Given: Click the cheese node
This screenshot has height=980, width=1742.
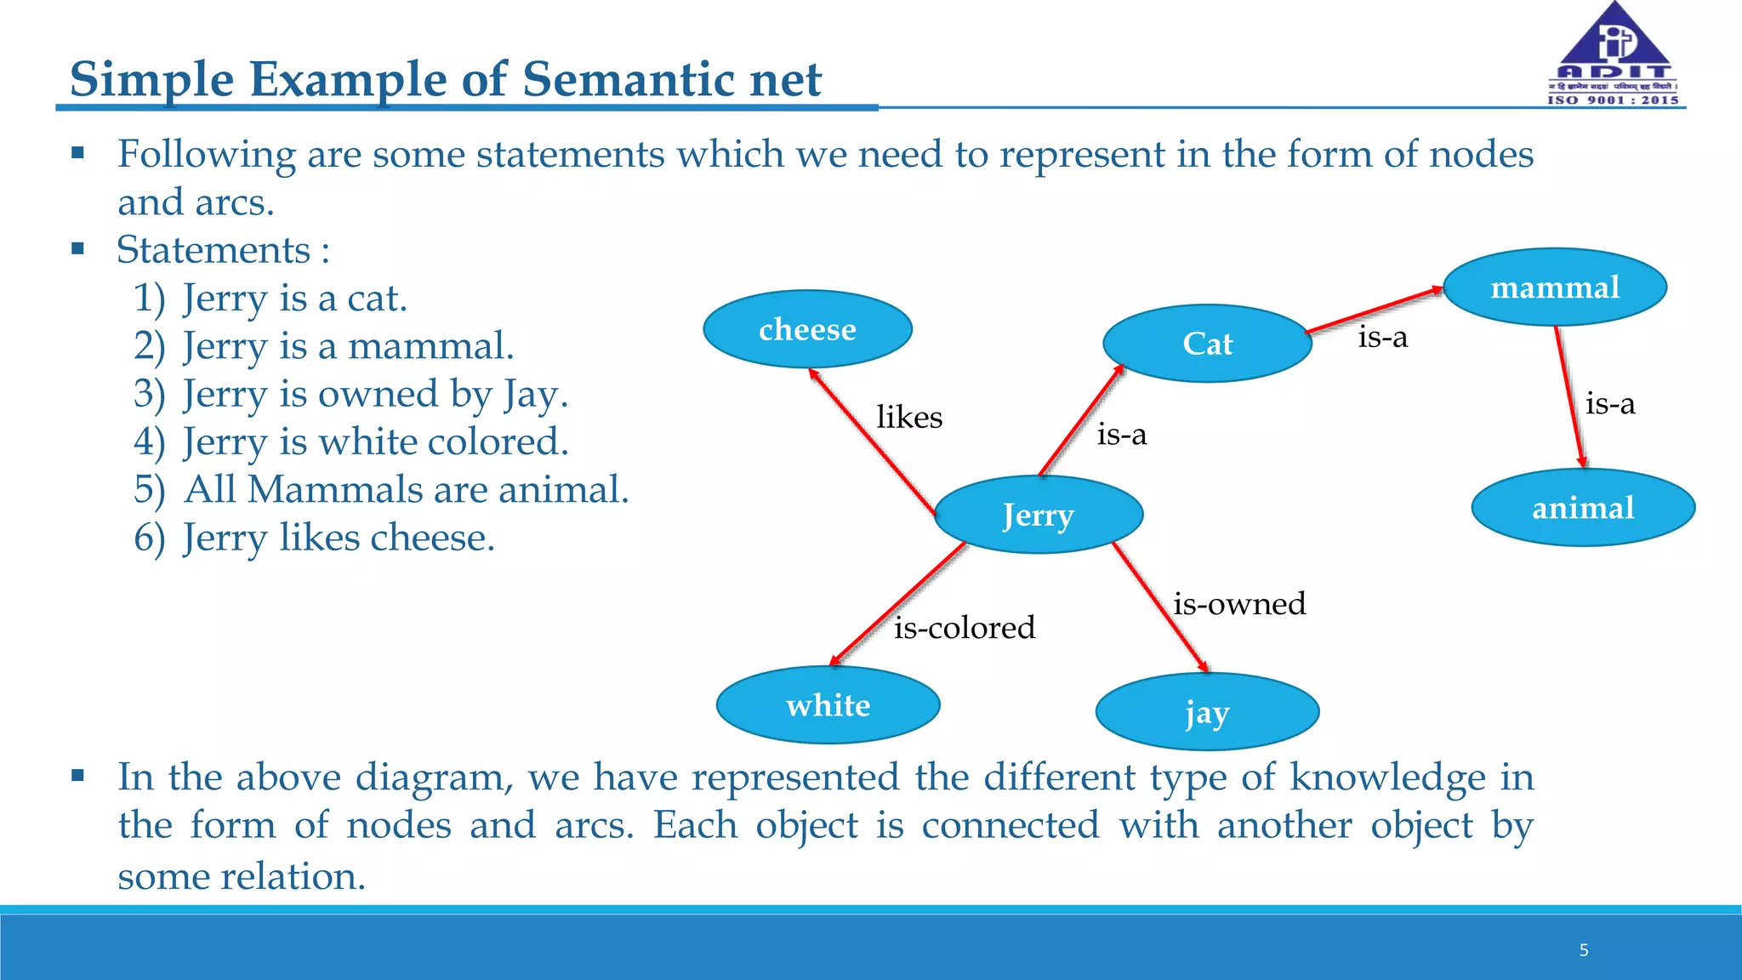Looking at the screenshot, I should click(807, 329).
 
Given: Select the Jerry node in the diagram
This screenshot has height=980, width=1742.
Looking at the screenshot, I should click(1038, 515).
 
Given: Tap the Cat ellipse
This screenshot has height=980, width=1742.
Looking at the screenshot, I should click(1207, 344).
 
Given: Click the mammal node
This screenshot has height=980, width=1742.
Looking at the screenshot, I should click(1555, 288).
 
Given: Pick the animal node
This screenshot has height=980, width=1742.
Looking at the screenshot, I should click(1583, 508).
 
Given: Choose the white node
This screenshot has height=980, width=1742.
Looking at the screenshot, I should click(828, 705).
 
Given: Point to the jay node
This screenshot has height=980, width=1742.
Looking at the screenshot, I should click(1207, 712).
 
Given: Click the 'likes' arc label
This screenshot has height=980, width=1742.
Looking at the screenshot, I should click(909, 418).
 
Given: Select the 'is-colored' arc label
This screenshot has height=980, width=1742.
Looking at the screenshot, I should click(965, 628).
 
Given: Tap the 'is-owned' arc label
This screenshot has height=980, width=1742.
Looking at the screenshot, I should click(1239, 604).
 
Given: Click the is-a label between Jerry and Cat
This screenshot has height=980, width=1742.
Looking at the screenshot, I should click(1121, 435).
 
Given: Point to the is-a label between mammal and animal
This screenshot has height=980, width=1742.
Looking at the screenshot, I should click(1609, 403).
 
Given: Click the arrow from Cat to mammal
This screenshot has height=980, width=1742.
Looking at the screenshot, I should click(1374, 311).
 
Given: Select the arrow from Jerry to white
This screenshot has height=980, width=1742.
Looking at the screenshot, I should click(897, 604).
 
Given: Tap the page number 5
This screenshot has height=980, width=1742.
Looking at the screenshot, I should click(1584, 950).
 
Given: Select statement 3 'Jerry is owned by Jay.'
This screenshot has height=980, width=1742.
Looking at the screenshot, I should click(374, 394).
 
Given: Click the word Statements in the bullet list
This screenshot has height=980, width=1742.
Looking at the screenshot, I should click(213, 250).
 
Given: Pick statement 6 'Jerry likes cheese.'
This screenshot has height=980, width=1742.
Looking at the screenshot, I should click(339, 538).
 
